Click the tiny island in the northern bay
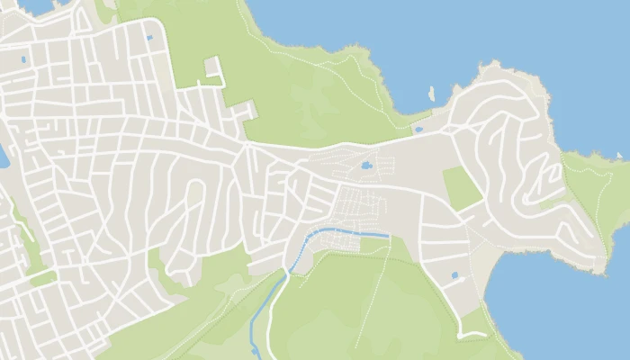pyautogui.click(x=431, y=93)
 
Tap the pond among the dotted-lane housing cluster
pyautogui.click(x=366, y=166)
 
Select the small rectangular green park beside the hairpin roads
pyautogui.click(x=461, y=188)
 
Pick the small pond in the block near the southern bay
pyautogui.click(x=454, y=274)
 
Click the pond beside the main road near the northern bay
pyautogui.click(x=418, y=130)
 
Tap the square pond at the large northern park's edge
pyautogui.click(x=149, y=38)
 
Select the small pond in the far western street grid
pyautogui.click(x=23, y=60)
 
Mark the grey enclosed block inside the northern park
pyautogui.click(x=213, y=68)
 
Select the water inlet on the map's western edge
pyautogui.click(x=3, y=157)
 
